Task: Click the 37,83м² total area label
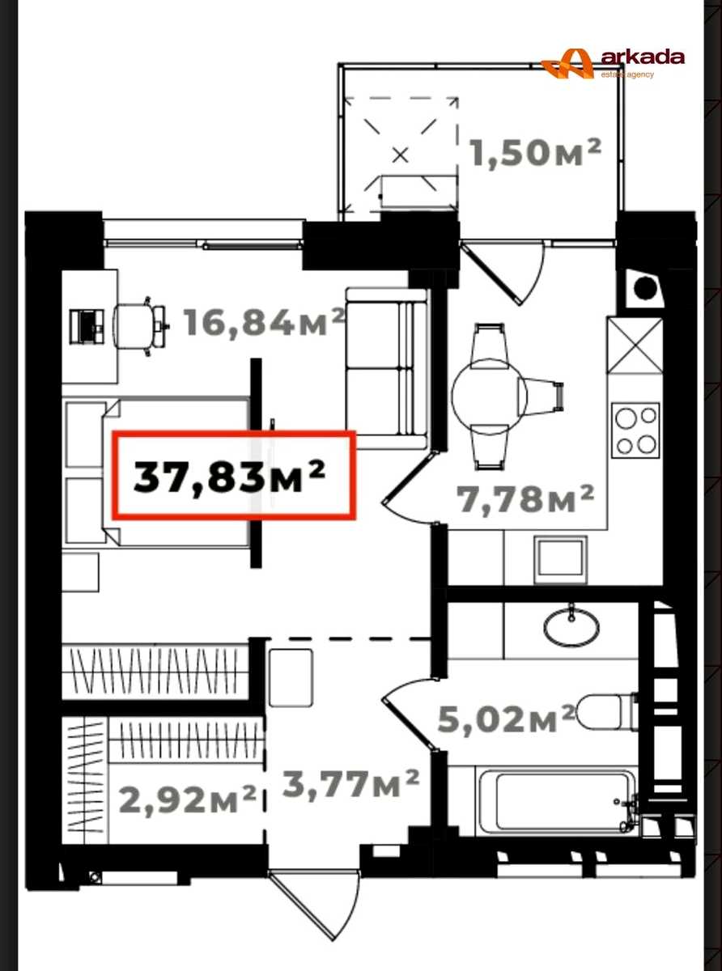[x=230, y=476]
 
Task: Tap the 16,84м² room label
[x=264, y=322]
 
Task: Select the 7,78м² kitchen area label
[x=525, y=498]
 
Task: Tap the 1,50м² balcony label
[x=535, y=152]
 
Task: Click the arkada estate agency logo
[x=613, y=64]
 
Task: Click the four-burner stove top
[x=636, y=430]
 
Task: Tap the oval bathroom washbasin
[x=571, y=625]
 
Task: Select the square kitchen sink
[x=561, y=561]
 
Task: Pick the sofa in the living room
[x=386, y=368]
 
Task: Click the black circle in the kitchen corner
[x=646, y=287]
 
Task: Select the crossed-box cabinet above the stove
[x=635, y=346]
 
